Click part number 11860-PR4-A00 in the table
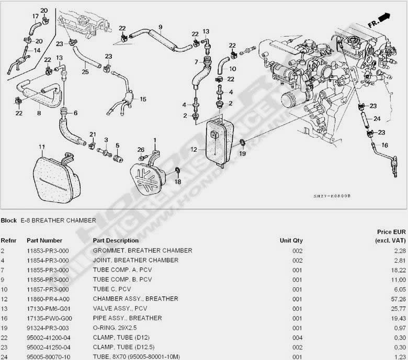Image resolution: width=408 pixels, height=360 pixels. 48,299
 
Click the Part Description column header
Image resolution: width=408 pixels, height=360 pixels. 116,241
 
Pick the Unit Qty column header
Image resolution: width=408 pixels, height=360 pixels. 291,241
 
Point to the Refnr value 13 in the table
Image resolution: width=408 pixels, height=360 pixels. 4,309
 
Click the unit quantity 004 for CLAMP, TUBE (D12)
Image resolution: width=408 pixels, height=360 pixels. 298,337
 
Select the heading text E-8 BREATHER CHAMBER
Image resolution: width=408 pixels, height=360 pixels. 58,220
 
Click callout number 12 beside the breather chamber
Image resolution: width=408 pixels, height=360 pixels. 194,150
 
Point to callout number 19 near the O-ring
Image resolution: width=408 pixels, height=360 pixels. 242,154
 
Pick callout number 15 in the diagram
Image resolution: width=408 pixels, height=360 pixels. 143,99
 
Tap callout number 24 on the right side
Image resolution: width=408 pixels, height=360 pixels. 377,118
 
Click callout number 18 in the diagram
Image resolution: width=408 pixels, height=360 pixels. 178,182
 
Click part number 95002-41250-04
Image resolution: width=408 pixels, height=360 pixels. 48,347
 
